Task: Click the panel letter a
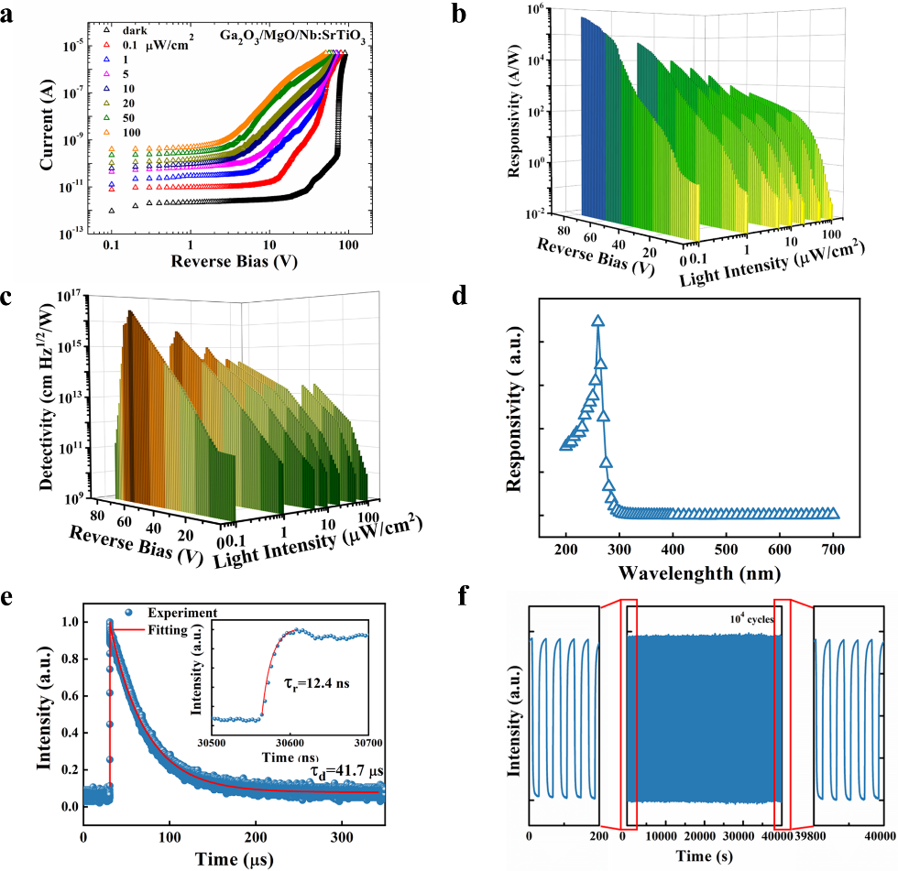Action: click(x=9, y=13)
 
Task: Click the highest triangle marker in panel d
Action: click(x=598, y=321)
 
